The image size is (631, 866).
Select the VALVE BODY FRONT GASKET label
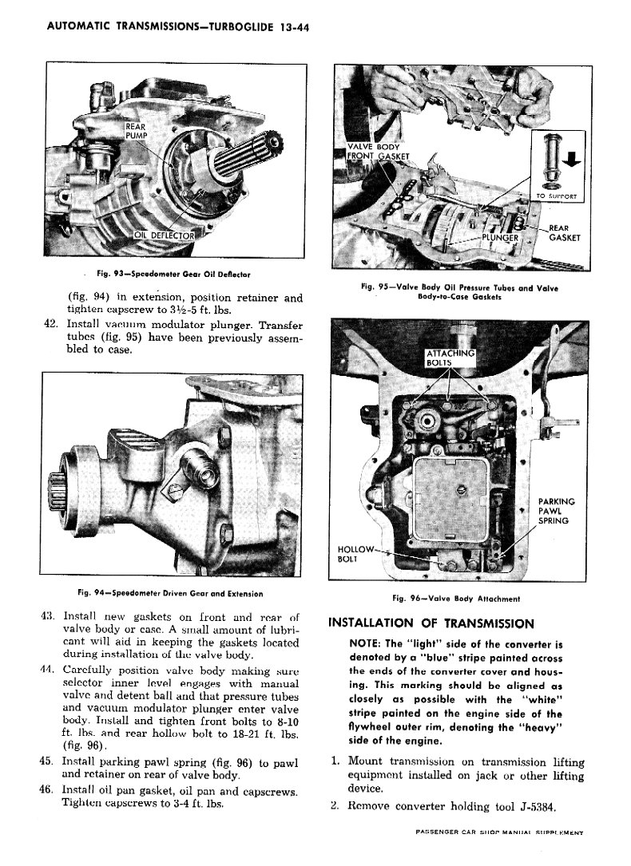click(x=377, y=152)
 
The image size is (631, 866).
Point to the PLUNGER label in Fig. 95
click(x=501, y=237)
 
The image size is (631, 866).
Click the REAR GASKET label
click(x=563, y=233)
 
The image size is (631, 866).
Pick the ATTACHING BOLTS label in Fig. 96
click(x=450, y=358)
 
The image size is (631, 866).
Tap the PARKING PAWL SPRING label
click(x=557, y=511)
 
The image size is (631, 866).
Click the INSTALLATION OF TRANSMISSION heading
click(x=431, y=623)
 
